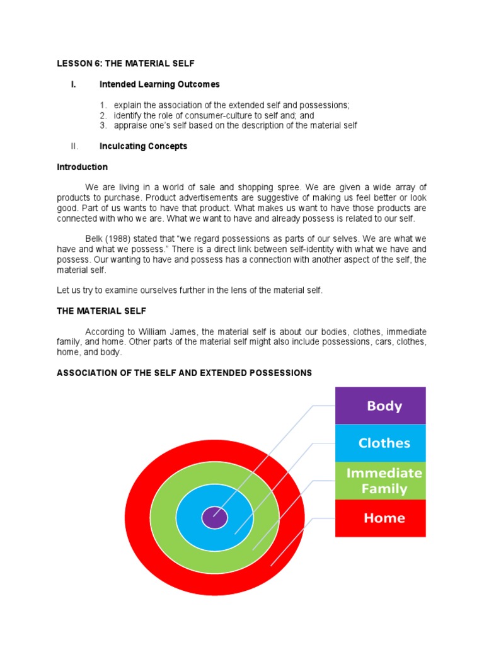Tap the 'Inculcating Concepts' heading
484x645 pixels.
pyautogui.click(x=143, y=146)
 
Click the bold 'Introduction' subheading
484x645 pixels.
pyautogui.click(x=82, y=167)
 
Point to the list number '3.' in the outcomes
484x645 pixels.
pyautogui.click(x=104, y=125)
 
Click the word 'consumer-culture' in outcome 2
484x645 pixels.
pyautogui.click(x=201, y=115)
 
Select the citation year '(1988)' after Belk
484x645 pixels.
pyautogui.click(x=119, y=239)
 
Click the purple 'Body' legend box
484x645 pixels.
pyautogui.click(x=380, y=406)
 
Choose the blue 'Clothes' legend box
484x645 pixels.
pyautogui.click(x=380, y=443)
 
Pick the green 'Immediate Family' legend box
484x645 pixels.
pyautogui.click(x=380, y=481)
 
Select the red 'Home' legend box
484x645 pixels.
pyautogui.click(x=380, y=518)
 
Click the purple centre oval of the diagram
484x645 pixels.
pyautogui.click(x=214, y=518)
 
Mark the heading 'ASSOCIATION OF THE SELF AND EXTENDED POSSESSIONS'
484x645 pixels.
pyautogui.click(x=184, y=373)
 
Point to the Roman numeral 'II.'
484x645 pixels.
pyautogui.click(x=74, y=146)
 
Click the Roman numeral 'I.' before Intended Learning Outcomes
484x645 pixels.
pyautogui.click(x=74, y=84)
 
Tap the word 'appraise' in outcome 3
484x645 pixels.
pyautogui.click(x=130, y=125)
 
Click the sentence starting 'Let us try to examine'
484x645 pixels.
pyautogui.click(x=189, y=290)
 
